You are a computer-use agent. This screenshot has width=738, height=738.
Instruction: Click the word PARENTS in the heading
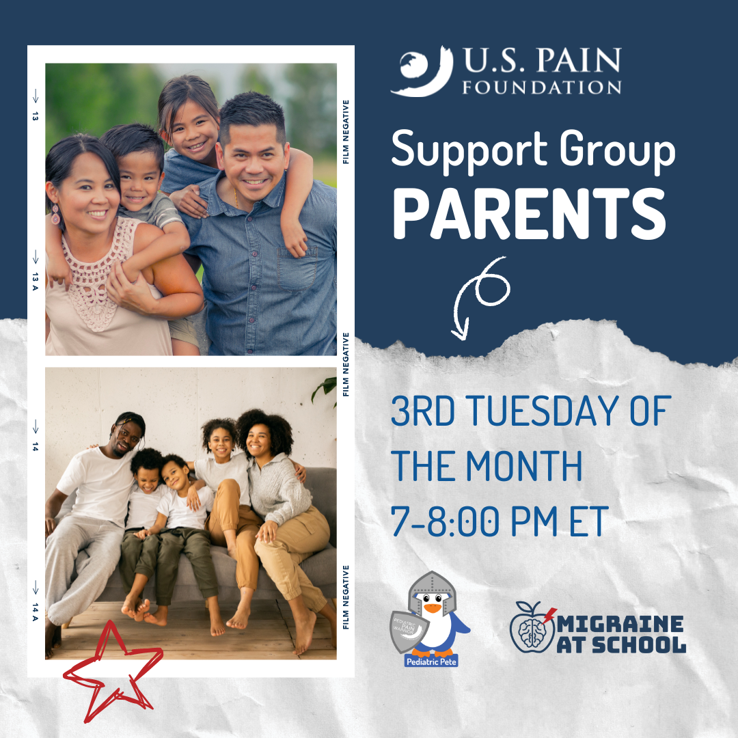coord(531,213)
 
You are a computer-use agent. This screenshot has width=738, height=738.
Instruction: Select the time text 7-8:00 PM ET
coord(499,521)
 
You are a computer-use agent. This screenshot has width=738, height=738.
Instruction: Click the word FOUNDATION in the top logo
coord(542,87)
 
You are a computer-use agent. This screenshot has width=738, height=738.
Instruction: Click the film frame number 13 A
coord(35,278)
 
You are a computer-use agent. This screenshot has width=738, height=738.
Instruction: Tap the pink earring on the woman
coord(55,217)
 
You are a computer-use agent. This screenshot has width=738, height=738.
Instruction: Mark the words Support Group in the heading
coord(533,152)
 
